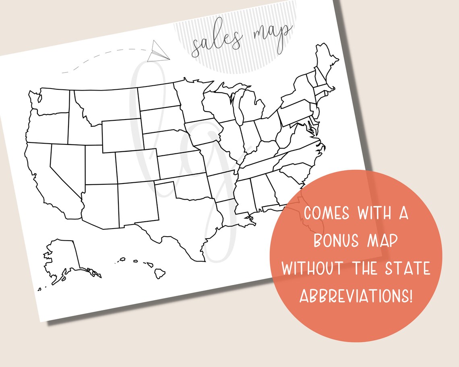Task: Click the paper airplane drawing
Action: click(157, 52)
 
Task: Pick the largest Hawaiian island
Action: click(160, 273)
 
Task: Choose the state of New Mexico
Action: click(137, 203)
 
